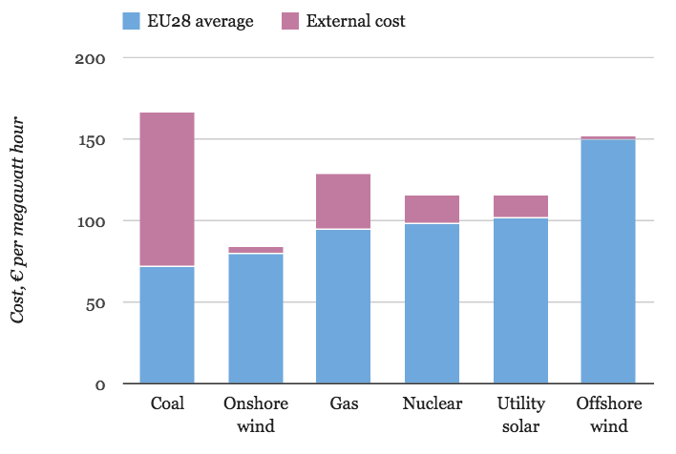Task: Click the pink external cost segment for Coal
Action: (x=167, y=189)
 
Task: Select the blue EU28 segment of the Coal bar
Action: (x=167, y=325)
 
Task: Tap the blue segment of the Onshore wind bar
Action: (x=255, y=319)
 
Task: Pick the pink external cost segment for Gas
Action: (x=344, y=201)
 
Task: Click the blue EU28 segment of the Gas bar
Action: (x=344, y=306)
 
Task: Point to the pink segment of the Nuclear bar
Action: (x=432, y=209)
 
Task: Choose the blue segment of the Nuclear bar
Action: (x=432, y=303)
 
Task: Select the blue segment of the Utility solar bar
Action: (x=520, y=301)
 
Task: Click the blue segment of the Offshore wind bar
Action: (x=608, y=262)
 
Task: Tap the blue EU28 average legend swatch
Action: (x=131, y=21)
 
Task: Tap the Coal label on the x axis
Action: (x=167, y=404)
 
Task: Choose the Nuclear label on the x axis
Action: (x=432, y=404)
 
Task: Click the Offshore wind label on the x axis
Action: (x=608, y=413)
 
